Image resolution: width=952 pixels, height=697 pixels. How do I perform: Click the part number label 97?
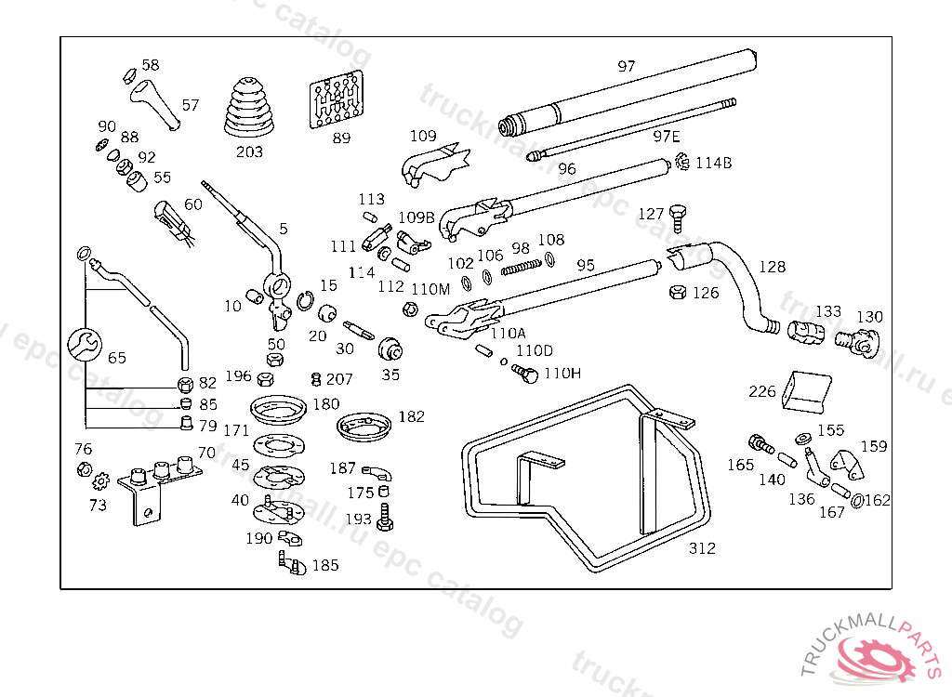coord(627,66)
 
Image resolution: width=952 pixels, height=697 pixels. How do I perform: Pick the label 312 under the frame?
coord(702,548)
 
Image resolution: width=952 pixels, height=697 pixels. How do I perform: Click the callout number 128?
coord(772,267)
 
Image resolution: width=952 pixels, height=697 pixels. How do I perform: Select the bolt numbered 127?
coord(678,217)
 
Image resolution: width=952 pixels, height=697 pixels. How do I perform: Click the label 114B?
coord(714,163)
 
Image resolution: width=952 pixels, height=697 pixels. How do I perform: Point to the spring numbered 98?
coord(521,268)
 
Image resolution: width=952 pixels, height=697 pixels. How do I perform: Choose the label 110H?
coord(562,374)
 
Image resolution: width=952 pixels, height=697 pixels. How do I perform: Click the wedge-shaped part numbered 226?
coord(805,390)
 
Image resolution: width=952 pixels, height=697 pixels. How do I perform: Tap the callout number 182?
coord(411,416)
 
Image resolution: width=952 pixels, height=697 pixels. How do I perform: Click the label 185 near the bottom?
coord(325,565)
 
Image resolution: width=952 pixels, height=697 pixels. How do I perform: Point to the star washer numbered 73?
coord(100,481)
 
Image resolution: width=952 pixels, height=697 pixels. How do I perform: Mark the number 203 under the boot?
coord(249,151)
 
